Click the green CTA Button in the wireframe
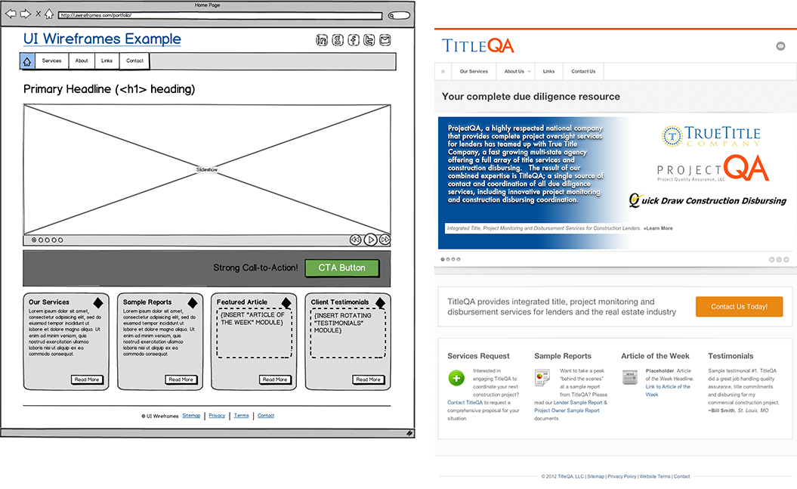pos(341,268)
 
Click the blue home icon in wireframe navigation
pos(27,61)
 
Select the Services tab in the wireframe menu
pos(51,61)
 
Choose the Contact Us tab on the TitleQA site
pos(582,72)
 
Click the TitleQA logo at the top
pos(478,46)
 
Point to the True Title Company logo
pos(710,136)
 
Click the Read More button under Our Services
pos(87,379)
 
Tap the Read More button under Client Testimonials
pos(369,379)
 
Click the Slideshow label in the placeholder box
pos(207,170)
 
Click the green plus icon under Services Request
pos(456,378)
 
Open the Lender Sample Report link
pos(578,403)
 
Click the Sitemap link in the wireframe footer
pos(191,416)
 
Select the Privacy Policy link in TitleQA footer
pos(622,476)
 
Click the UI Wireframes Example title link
pos(102,39)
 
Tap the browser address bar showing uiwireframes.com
pos(219,15)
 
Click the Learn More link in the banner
pos(658,228)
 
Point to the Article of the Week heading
pos(655,356)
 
